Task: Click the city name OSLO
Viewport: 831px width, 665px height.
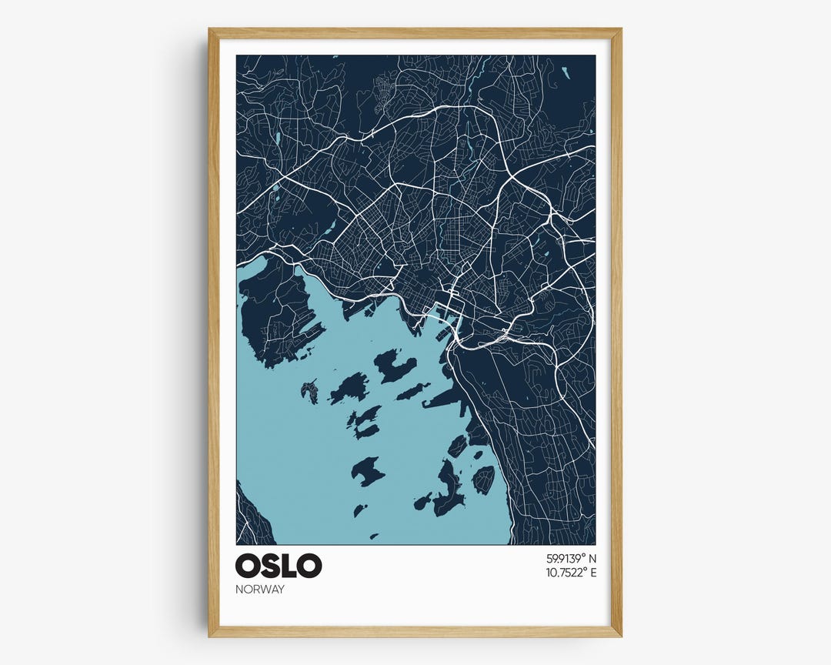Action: [x=279, y=566]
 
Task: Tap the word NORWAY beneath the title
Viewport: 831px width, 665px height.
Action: [x=260, y=590]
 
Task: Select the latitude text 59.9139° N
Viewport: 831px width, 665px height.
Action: [x=571, y=558]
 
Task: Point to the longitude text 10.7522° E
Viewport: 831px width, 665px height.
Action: [x=571, y=573]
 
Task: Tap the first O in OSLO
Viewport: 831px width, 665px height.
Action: [x=249, y=566]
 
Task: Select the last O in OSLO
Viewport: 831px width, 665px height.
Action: [x=309, y=566]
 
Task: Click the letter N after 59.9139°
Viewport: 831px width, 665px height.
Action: [x=592, y=558]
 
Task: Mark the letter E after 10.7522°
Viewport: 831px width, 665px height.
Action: [x=592, y=573]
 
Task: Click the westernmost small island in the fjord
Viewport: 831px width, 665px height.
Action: [x=309, y=392]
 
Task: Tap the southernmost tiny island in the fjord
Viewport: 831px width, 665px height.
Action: [x=374, y=536]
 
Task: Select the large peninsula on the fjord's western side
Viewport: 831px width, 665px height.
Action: [x=273, y=316]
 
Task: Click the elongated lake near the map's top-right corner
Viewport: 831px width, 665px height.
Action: [x=567, y=74]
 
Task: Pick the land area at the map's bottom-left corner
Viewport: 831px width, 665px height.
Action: [x=250, y=520]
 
